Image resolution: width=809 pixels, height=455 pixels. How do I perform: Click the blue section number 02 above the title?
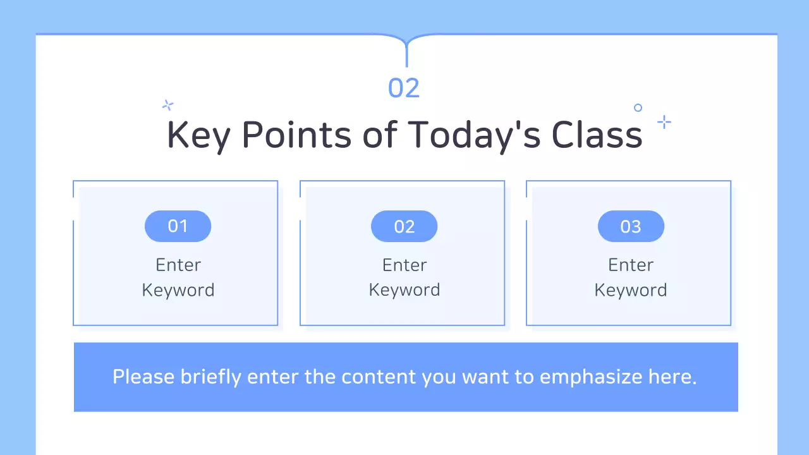tap(404, 88)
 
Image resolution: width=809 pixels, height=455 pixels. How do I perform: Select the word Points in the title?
tap(296, 135)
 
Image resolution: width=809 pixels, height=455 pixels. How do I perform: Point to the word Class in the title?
tap(597, 135)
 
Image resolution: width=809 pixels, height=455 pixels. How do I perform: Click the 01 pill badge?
tap(178, 226)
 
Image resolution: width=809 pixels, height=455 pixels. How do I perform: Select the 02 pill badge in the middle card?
tap(404, 226)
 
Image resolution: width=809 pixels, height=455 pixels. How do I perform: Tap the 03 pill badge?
tap(631, 226)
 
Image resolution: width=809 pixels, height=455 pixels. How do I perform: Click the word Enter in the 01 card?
tap(178, 265)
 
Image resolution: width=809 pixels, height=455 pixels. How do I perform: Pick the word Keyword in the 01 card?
tap(178, 290)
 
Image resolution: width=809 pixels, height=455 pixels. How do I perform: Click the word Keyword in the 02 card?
tap(404, 290)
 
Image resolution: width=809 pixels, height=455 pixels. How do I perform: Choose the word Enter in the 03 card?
tap(631, 265)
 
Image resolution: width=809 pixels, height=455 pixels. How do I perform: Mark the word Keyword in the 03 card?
tap(631, 290)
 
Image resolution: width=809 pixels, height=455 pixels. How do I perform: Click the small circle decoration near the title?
tap(638, 108)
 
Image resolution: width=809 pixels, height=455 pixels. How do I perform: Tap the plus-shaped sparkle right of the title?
tap(664, 122)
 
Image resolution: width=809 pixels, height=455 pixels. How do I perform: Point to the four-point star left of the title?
tap(167, 105)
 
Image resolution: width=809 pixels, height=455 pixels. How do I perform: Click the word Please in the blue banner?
tap(143, 377)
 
